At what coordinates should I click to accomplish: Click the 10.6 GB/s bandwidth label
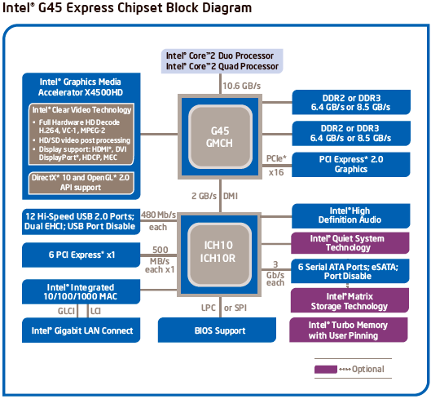click(243, 86)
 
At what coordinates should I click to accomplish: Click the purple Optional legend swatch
click(323, 370)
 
